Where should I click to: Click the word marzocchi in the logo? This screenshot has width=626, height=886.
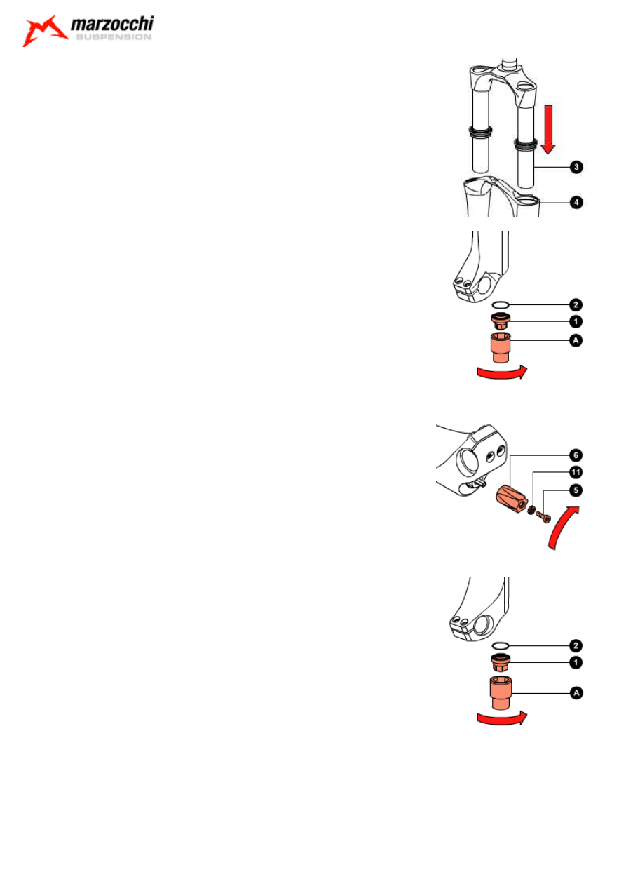[112, 24]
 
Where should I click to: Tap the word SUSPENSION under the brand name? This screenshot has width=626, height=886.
[114, 37]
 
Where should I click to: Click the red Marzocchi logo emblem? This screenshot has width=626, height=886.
[45, 31]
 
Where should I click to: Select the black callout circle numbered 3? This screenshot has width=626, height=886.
[576, 167]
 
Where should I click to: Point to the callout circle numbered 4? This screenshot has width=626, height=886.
[576, 203]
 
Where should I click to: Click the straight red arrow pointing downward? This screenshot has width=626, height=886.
[548, 129]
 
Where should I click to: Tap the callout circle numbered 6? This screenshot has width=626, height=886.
[576, 455]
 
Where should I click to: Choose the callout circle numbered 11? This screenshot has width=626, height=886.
[576, 472]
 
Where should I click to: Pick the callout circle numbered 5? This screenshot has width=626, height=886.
[576, 490]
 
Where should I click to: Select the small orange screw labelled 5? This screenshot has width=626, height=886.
[543, 516]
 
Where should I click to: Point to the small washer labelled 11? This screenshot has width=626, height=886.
[531, 510]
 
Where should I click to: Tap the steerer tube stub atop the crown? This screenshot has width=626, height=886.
[510, 63]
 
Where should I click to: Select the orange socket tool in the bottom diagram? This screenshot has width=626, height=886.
[501, 692]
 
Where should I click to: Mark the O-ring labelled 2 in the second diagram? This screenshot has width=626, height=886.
[501, 305]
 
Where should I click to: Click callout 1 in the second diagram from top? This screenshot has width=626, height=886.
[576, 321]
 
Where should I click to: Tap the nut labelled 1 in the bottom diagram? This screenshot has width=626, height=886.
[501, 663]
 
